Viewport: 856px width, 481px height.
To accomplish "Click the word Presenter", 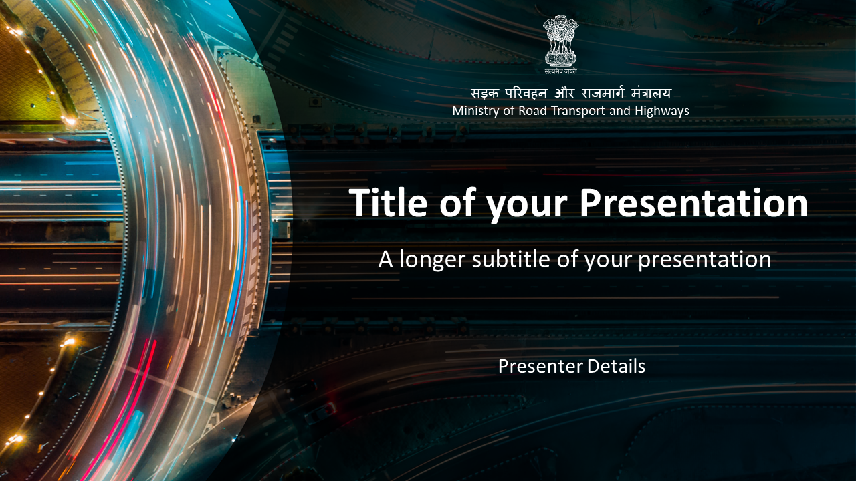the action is click(540, 366).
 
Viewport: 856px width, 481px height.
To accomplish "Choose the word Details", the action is click(616, 366).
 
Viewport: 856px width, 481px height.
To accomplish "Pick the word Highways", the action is click(662, 111).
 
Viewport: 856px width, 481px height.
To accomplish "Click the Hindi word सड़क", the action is click(485, 93).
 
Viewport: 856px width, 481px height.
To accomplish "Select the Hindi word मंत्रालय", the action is click(651, 92).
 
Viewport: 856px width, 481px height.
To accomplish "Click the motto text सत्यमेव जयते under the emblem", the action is click(560, 71).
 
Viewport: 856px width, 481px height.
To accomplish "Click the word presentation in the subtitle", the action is click(705, 260).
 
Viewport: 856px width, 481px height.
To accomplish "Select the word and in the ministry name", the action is click(620, 111).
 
